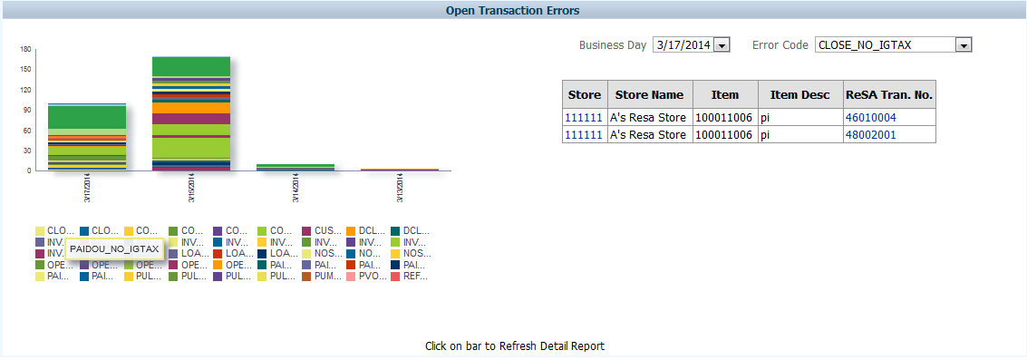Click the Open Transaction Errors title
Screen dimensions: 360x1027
point(513,11)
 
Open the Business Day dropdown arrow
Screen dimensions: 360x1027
point(722,45)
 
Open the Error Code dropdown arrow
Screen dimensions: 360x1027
point(964,45)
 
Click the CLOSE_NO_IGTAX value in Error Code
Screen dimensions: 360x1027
point(884,45)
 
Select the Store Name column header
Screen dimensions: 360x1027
point(649,94)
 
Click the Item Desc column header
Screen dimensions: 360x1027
point(799,94)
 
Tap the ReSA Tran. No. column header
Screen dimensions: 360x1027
point(888,94)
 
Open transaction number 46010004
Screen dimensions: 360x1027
point(870,118)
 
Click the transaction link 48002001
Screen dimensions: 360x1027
point(870,135)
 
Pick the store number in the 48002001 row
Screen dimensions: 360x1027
point(583,135)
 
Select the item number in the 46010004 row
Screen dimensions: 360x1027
point(723,118)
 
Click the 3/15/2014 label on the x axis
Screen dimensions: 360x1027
point(191,188)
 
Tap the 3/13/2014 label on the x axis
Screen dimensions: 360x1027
point(400,188)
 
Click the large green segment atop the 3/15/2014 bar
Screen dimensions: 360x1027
point(191,66)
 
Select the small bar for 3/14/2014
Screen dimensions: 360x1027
point(296,167)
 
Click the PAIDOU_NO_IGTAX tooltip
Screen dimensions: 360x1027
point(115,248)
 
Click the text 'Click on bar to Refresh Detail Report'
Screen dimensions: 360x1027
point(514,346)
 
